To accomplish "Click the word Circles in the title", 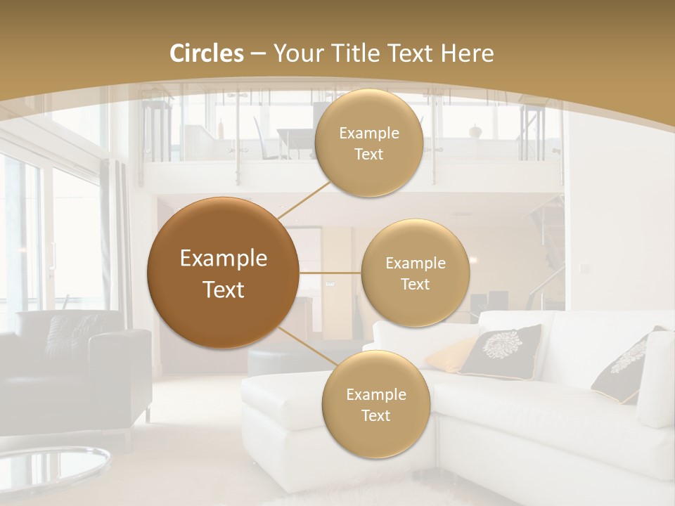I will click(x=207, y=53).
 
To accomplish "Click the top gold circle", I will click(x=369, y=143).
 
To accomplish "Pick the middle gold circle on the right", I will click(x=415, y=273).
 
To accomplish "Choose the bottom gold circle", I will click(x=375, y=404).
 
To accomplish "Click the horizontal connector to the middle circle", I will click(x=330, y=272).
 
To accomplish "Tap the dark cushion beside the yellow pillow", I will click(x=501, y=351).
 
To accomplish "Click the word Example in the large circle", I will click(x=224, y=259).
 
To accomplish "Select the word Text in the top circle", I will click(x=368, y=154).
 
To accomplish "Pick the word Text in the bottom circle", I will click(x=375, y=415).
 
